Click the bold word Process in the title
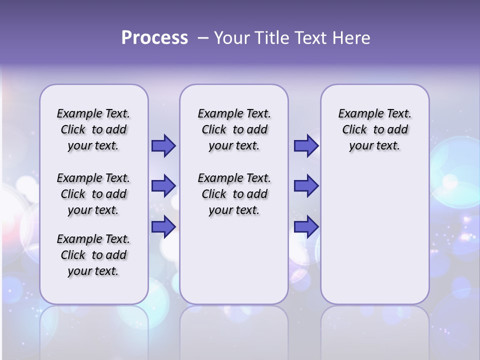(x=154, y=38)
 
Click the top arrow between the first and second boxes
(x=163, y=146)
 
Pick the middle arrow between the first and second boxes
(x=163, y=186)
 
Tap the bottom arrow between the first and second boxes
(x=163, y=226)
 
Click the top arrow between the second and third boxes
(x=306, y=146)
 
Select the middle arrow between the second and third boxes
(x=306, y=186)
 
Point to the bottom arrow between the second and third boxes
(x=306, y=226)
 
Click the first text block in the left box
(x=93, y=129)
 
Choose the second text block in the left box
(x=93, y=194)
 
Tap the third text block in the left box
(x=93, y=255)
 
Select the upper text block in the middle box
(x=234, y=129)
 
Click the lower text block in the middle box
(x=234, y=194)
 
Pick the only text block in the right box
(x=375, y=129)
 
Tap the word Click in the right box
(x=354, y=130)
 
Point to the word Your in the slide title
(x=232, y=38)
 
